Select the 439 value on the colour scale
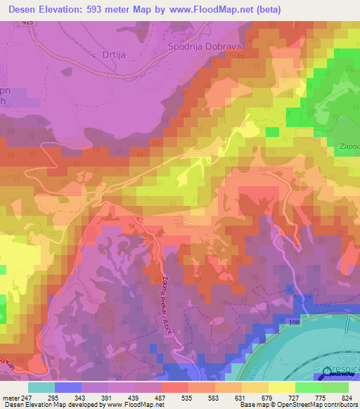point(124,397)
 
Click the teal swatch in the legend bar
point(41,387)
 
